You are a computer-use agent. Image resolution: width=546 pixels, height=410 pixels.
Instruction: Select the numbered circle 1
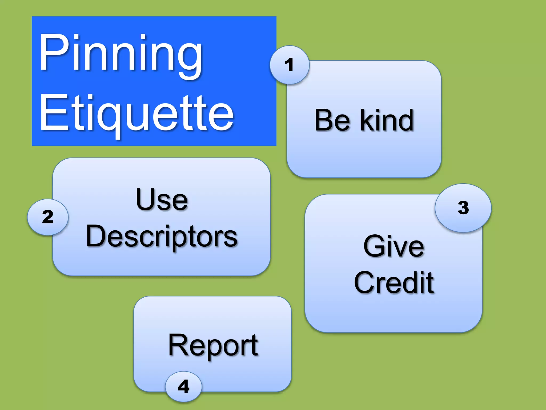pyautogui.click(x=289, y=65)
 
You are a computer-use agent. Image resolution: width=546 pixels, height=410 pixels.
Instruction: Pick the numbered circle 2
pyautogui.click(x=48, y=217)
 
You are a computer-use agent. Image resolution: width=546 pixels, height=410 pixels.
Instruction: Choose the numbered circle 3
pyautogui.click(x=463, y=208)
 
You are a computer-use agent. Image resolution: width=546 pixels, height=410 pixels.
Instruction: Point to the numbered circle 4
pyautogui.click(x=183, y=386)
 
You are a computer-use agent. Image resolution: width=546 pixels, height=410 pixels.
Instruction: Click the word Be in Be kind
pyautogui.click(x=332, y=120)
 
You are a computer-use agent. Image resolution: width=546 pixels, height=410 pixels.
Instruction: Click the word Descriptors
pyautogui.click(x=162, y=236)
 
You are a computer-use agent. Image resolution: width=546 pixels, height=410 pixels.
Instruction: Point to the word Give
pyautogui.click(x=394, y=246)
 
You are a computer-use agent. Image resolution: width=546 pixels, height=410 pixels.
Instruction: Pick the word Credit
pyautogui.click(x=394, y=282)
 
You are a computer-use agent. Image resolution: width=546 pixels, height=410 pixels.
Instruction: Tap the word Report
pyautogui.click(x=213, y=345)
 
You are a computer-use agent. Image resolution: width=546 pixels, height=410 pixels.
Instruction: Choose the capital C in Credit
pyautogui.click(x=366, y=282)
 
